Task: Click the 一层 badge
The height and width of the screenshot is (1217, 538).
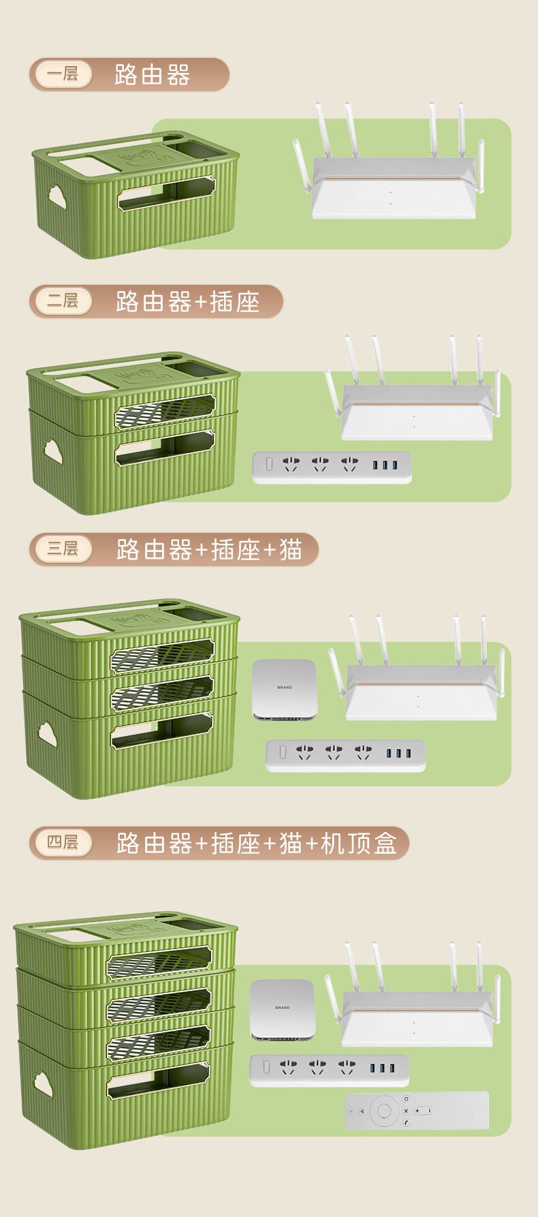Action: point(62,74)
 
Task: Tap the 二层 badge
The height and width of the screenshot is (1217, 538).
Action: point(62,301)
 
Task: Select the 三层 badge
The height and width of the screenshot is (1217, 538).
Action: point(62,549)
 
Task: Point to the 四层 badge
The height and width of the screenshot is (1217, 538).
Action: point(62,843)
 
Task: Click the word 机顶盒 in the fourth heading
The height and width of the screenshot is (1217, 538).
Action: point(359,844)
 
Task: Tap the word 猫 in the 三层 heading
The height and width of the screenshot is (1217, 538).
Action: point(291,549)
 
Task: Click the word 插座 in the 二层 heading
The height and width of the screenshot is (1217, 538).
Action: point(235,301)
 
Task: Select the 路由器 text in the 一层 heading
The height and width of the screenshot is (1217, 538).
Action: point(152,74)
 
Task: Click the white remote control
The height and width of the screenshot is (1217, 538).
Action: point(417,1111)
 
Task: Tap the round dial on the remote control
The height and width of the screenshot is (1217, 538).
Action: point(384,1111)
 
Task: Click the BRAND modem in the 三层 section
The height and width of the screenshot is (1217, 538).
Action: point(285,689)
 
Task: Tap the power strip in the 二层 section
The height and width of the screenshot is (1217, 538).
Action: point(332,467)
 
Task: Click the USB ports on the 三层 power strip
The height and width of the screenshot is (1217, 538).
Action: point(398,754)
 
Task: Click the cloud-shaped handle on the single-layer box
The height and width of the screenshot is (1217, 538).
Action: point(57,198)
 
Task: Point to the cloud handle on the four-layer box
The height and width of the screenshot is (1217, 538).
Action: point(43,1083)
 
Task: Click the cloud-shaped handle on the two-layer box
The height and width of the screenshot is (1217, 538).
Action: point(53,451)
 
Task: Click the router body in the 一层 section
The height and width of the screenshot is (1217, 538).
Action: point(393,194)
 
